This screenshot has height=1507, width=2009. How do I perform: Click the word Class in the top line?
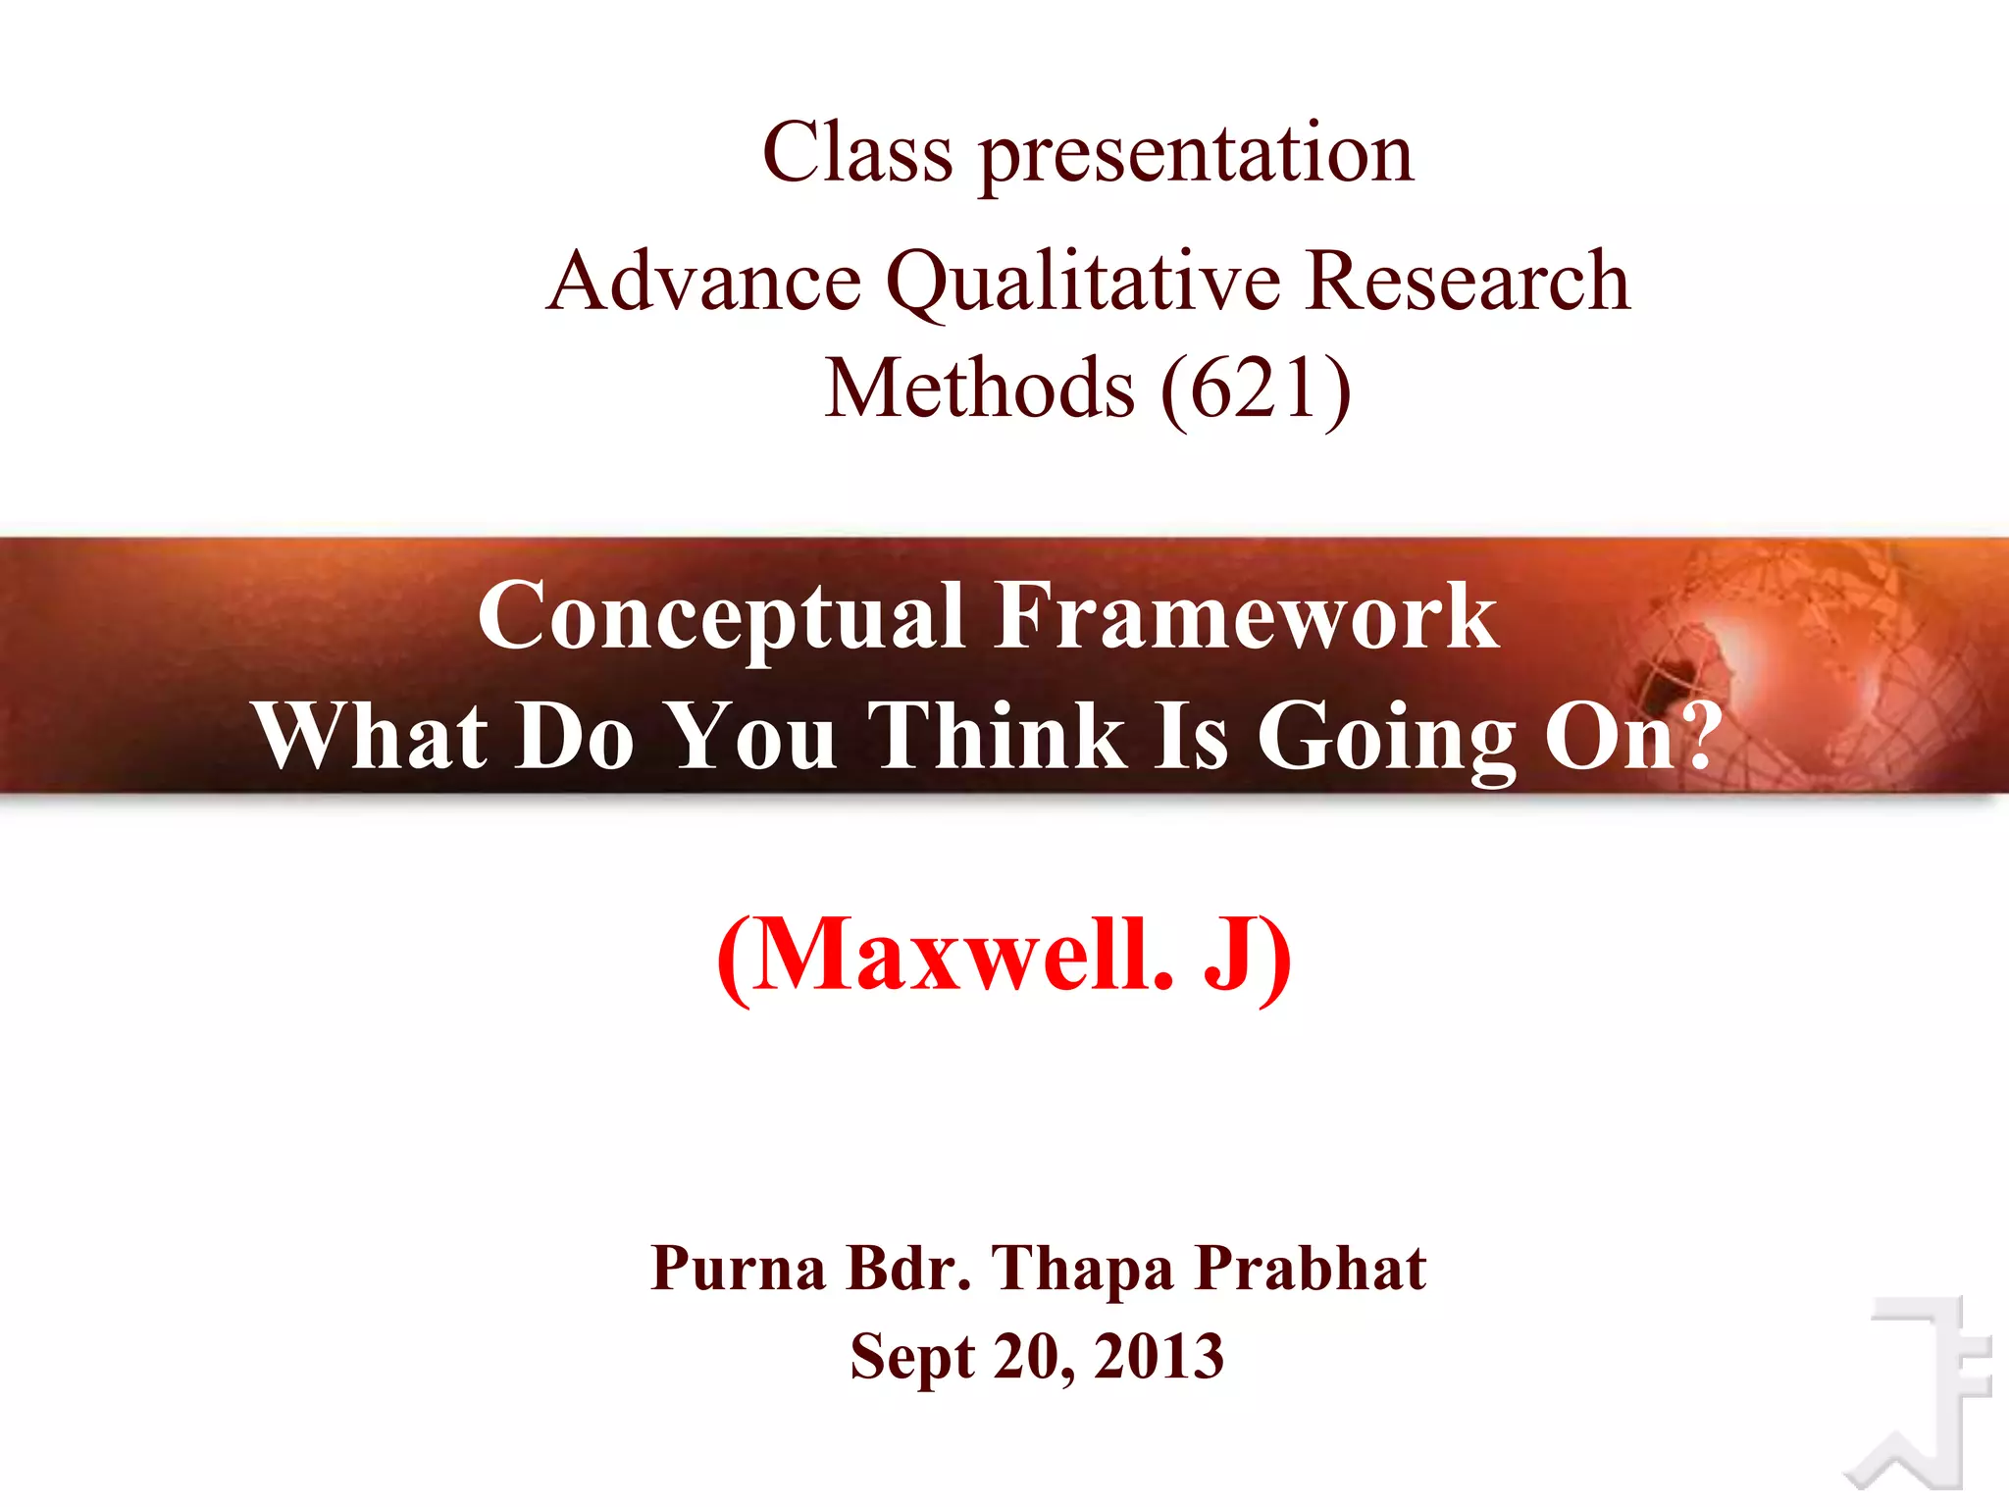(x=857, y=153)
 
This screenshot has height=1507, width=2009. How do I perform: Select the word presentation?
(x=1197, y=157)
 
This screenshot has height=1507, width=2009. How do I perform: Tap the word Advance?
(x=703, y=282)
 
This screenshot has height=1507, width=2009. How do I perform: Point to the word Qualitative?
(x=1083, y=285)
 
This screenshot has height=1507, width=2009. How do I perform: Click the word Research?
(x=1468, y=282)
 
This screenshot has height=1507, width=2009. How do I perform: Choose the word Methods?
(x=979, y=389)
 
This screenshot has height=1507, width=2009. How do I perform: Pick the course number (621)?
(x=1256, y=390)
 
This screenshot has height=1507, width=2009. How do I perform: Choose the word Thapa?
(x=1083, y=1271)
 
